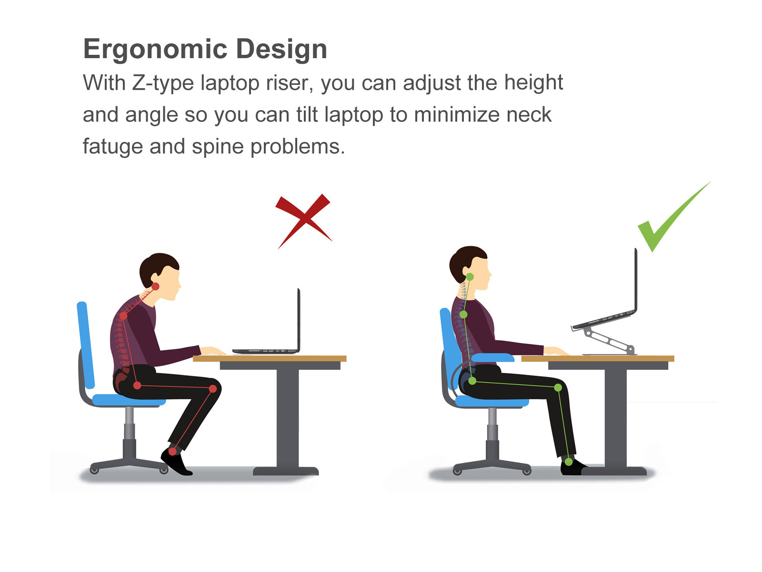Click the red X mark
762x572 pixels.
(x=304, y=220)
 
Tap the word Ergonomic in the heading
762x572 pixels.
(x=155, y=49)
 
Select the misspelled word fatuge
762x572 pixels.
(x=112, y=146)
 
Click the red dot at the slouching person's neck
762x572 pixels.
(x=156, y=286)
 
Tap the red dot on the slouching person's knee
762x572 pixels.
(x=213, y=389)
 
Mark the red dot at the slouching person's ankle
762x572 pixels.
(x=172, y=452)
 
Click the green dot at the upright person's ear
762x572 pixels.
(x=470, y=277)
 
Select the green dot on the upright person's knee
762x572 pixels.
(x=558, y=388)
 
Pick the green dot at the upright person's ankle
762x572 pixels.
(x=569, y=462)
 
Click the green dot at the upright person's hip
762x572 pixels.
(x=472, y=381)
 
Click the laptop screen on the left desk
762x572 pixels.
(x=299, y=319)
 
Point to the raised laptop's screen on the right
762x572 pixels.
(x=636, y=280)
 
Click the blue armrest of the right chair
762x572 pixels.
(x=492, y=357)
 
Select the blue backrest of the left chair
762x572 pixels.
(x=85, y=345)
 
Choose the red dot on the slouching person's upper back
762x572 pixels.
(x=123, y=316)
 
